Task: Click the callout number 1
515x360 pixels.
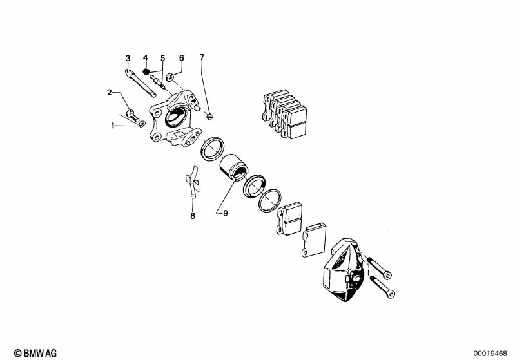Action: click(x=113, y=126)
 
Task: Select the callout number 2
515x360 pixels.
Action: click(x=110, y=93)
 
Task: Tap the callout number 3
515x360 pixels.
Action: click(x=128, y=59)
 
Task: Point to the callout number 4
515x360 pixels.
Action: click(x=146, y=58)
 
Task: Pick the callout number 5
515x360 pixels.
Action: click(x=163, y=58)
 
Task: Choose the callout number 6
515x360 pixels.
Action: click(x=182, y=58)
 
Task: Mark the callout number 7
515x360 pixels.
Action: click(x=202, y=57)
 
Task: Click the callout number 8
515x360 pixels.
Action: click(x=193, y=216)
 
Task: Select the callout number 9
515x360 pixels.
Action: click(x=226, y=213)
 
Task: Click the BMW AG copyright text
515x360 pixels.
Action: click(x=35, y=353)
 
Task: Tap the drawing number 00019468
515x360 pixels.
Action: click(x=490, y=354)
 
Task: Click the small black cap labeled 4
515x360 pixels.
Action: click(x=146, y=71)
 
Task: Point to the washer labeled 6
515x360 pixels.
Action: click(x=170, y=78)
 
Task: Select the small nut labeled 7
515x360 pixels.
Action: click(x=209, y=116)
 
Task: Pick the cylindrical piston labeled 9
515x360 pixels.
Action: click(x=234, y=167)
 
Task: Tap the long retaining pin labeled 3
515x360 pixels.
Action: click(x=141, y=84)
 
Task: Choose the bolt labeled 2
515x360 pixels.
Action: click(x=133, y=116)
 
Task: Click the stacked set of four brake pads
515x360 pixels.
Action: click(x=284, y=113)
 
